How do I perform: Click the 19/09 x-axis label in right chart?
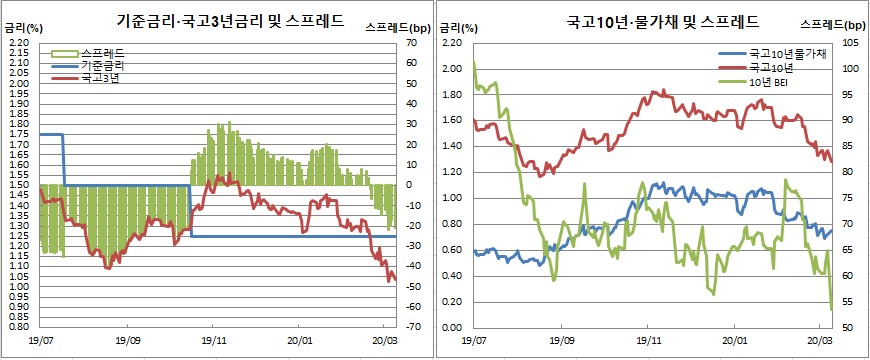click(x=562, y=341)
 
